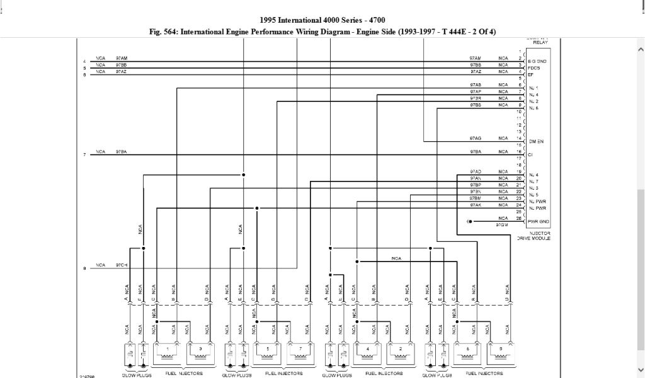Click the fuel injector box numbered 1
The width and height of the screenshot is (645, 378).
click(x=168, y=354)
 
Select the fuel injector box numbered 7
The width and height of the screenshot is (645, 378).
click(x=301, y=354)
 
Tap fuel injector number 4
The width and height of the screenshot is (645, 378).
click(x=367, y=354)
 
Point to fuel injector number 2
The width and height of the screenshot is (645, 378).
click(x=400, y=354)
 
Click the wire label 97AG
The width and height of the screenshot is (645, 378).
click(x=476, y=138)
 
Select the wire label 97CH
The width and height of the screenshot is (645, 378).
click(x=122, y=265)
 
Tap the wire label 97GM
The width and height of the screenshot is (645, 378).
click(x=502, y=225)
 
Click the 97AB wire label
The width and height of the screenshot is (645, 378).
click(x=476, y=84)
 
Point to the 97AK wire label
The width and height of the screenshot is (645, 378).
click(x=476, y=205)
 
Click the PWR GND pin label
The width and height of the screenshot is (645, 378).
click(x=539, y=222)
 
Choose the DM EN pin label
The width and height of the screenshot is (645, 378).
click(x=536, y=141)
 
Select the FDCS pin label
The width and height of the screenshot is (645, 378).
click(x=534, y=68)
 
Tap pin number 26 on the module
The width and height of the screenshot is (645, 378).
click(x=519, y=219)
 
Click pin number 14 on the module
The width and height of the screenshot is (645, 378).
click(x=519, y=138)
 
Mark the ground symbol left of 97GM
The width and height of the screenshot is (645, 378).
click(x=469, y=222)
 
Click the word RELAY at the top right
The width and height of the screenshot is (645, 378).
click(x=540, y=43)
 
